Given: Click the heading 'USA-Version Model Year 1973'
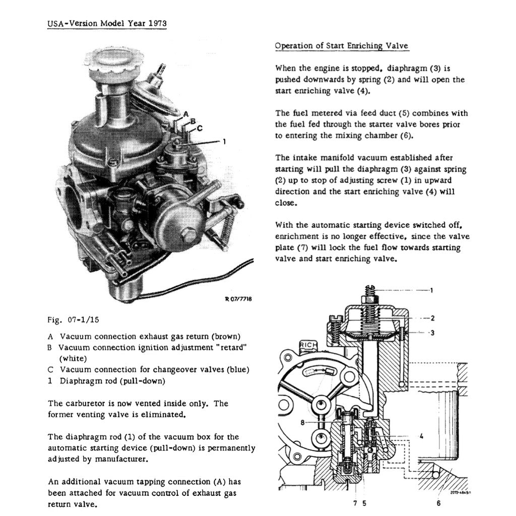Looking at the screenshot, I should pyautogui.click(x=107, y=23).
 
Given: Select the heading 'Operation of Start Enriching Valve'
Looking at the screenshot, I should pyautogui.click(x=341, y=46).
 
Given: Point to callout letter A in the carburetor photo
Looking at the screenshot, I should pyautogui.click(x=186, y=114).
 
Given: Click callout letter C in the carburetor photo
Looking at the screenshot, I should pyautogui.click(x=200, y=128).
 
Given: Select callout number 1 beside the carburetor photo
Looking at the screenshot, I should pyautogui.click(x=224, y=142).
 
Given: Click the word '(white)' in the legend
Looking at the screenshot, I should pyautogui.click(x=73, y=358).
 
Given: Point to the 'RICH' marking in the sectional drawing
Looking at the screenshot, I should pyautogui.click(x=308, y=344).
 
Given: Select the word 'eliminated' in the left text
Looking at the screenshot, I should pyautogui.click(x=166, y=415).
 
